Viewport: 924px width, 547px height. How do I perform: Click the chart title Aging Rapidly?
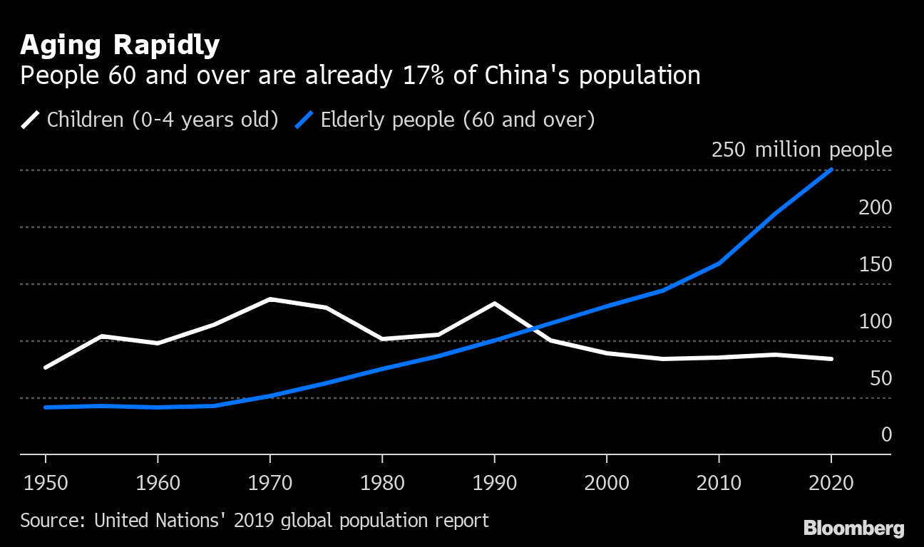[120, 46]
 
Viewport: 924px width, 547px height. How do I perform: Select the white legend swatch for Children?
[31, 119]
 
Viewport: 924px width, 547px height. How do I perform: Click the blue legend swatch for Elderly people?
[304, 119]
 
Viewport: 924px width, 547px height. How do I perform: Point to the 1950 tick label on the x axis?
[45, 483]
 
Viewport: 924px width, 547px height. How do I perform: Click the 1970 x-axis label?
[269, 483]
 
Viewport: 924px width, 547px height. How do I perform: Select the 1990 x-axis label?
[494, 483]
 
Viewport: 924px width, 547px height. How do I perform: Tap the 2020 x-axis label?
[831, 483]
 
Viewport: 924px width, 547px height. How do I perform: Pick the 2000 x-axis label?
[606, 483]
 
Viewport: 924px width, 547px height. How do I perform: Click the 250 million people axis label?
[801, 150]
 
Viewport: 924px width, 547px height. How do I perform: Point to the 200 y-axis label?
[876, 207]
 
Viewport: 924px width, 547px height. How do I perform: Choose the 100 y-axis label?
[876, 321]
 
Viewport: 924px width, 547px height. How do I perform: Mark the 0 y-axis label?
[886, 434]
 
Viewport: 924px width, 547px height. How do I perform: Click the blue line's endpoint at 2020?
[831, 170]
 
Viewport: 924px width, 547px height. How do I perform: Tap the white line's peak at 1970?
[269, 299]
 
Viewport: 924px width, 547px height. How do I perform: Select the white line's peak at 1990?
[494, 303]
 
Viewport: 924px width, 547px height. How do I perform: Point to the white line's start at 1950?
[46, 368]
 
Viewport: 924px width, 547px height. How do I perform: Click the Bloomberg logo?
[853, 528]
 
